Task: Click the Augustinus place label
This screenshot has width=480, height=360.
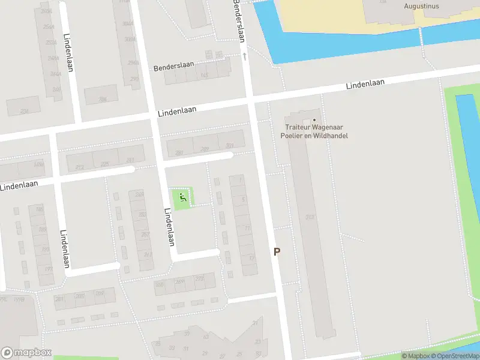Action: [421, 6]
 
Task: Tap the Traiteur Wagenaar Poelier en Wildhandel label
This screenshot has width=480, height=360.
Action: [314, 131]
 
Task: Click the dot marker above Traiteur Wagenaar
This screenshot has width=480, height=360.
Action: [314, 119]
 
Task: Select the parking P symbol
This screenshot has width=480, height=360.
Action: [277, 252]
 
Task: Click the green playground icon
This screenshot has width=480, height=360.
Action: [183, 196]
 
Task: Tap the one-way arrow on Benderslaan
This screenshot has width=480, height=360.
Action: [245, 56]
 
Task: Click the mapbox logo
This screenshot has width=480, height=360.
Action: [26, 353]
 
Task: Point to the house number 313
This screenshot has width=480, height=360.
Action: [310, 217]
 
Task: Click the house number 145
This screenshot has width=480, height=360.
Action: [204, 76]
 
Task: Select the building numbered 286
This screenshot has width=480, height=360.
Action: [103, 99]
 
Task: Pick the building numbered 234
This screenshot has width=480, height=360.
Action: [25, 111]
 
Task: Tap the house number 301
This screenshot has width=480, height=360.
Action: [229, 146]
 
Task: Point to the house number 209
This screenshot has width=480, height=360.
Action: [99, 293]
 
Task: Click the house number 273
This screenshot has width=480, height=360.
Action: [199, 280]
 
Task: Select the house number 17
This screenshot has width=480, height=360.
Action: [251, 257]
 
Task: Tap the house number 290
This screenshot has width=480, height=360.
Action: [133, 78]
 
